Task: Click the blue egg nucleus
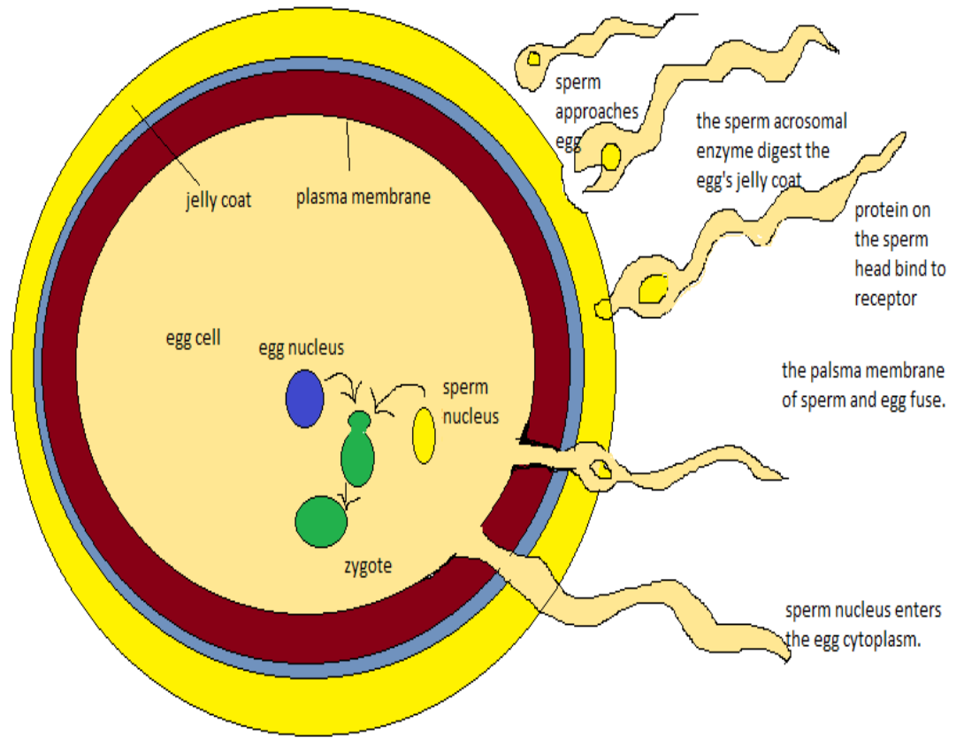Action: (x=304, y=399)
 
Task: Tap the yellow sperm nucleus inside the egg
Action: (x=424, y=436)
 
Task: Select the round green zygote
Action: (x=320, y=521)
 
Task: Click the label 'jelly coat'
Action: (x=218, y=201)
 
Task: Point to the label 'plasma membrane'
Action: (x=363, y=196)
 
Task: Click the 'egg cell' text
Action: (x=193, y=338)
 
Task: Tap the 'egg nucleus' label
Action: (x=301, y=348)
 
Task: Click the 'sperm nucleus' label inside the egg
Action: (x=471, y=401)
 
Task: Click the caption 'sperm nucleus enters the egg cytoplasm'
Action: (x=862, y=626)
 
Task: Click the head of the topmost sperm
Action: (x=533, y=61)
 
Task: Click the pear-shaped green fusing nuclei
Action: (x=357, y=451)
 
